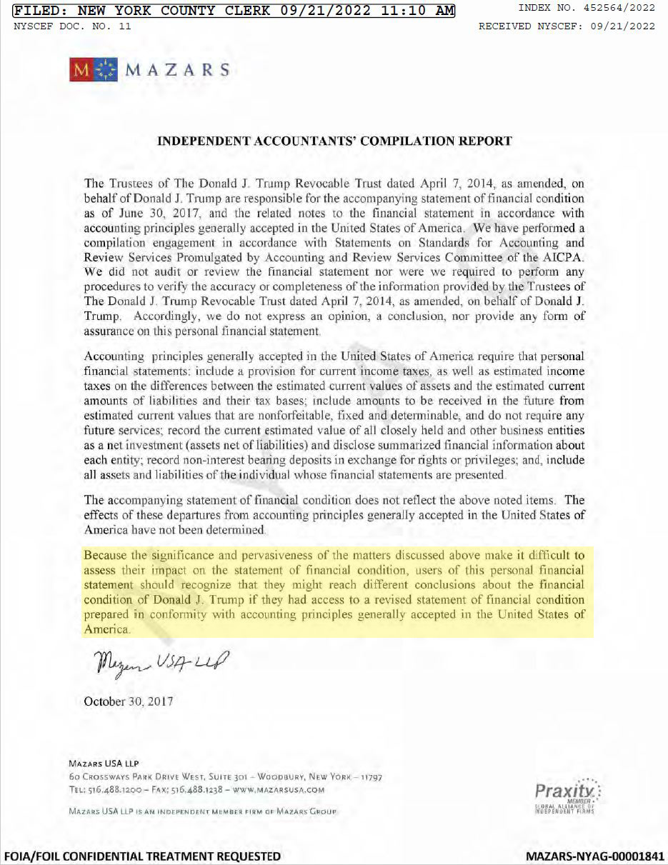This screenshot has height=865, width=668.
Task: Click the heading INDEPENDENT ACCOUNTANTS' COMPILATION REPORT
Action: click(x=334, y=141)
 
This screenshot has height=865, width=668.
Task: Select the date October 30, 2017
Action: click(x=129, y=701)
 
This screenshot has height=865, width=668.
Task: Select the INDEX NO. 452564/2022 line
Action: click(x=587, y=8)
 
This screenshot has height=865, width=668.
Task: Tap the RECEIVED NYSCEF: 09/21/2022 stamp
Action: click(x=567, y=26)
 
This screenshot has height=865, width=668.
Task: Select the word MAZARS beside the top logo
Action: click(x=177, y=70)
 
